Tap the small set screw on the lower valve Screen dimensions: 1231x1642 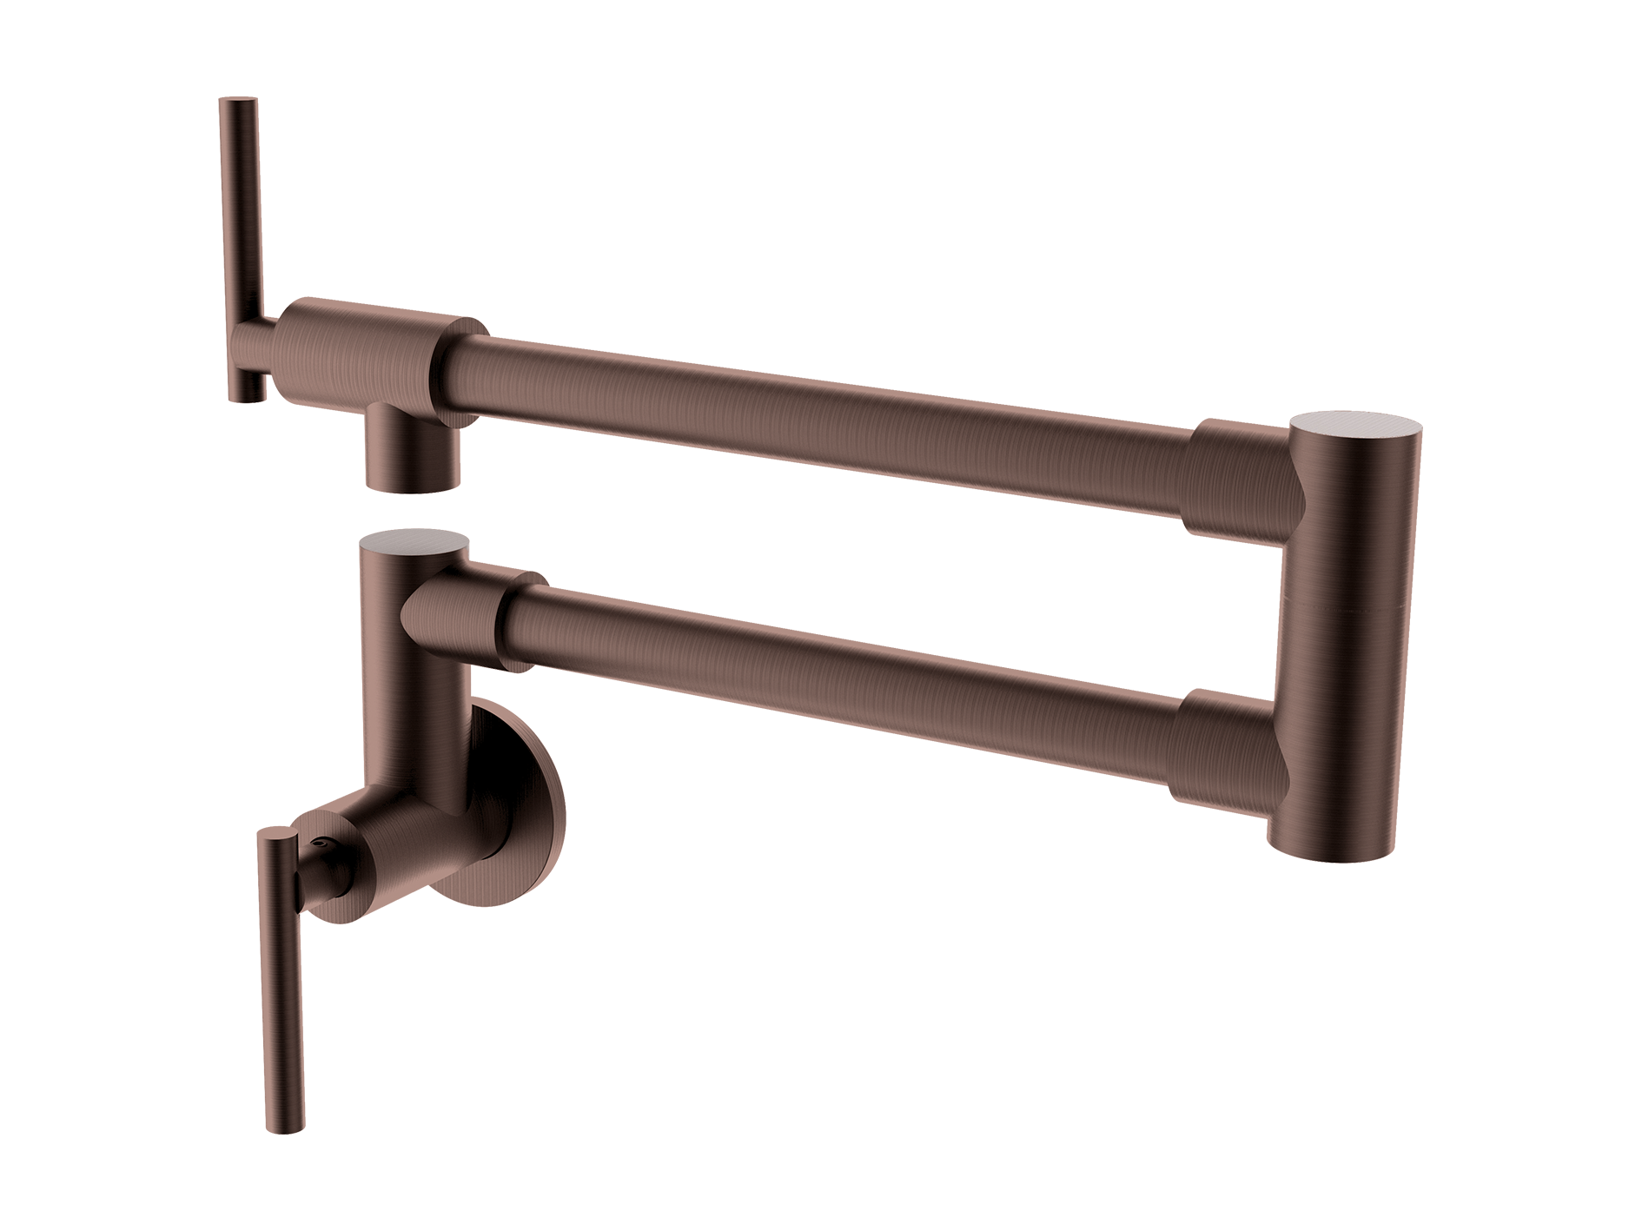tap(323, 843)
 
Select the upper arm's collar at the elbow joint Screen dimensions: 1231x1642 tap(1234, 478)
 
